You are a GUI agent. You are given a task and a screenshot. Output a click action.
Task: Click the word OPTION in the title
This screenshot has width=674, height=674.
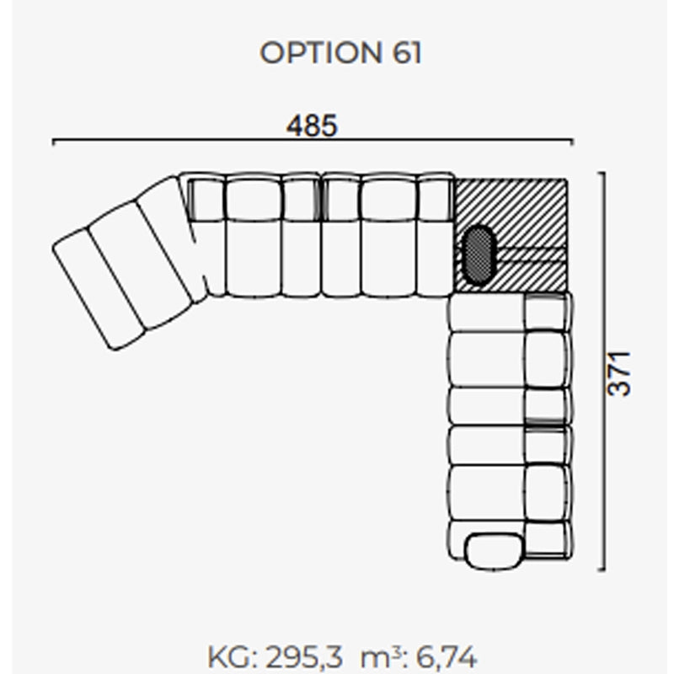point(321,53)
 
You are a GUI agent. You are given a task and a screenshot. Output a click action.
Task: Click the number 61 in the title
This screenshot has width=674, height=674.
point(407,53)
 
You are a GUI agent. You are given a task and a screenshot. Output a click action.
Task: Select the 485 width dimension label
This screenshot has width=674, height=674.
point(312,126)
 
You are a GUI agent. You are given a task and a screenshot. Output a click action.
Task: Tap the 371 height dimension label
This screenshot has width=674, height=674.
point(619,373)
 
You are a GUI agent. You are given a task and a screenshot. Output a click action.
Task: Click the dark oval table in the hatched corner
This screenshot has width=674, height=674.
point(479,254)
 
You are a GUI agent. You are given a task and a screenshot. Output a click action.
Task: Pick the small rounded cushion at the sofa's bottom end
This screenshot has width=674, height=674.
point(495,551)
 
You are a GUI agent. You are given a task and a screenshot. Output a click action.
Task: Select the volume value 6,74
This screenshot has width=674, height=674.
point(447,656)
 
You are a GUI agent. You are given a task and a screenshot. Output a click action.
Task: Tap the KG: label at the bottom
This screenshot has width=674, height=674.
point(233,656)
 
